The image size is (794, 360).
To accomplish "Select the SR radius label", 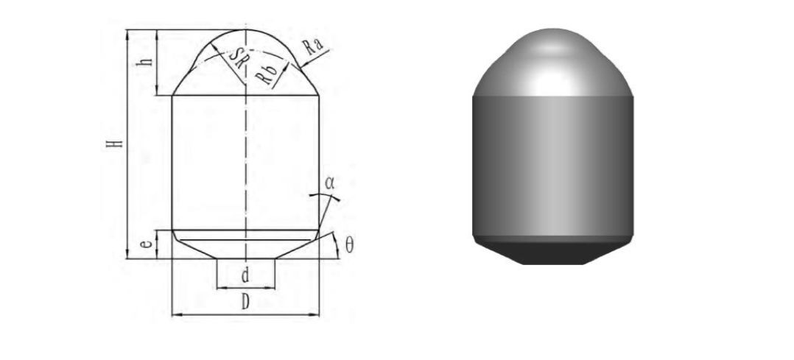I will pyautogui.click(x=236, y=60).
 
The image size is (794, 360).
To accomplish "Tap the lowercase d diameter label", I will pyautogui.click(x=245, y=276).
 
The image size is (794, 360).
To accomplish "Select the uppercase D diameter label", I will pyautogui.click(x=245, y=303).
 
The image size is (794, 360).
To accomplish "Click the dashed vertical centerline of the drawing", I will pyautogui.click(x=245, y=162).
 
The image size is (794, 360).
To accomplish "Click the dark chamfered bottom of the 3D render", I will pyautogui.click(x=552, y=253).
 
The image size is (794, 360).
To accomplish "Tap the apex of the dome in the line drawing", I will pyautogui.click(x=245, y=30).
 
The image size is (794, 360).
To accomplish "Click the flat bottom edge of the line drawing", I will pyautogui.click(x=245, y=258).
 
